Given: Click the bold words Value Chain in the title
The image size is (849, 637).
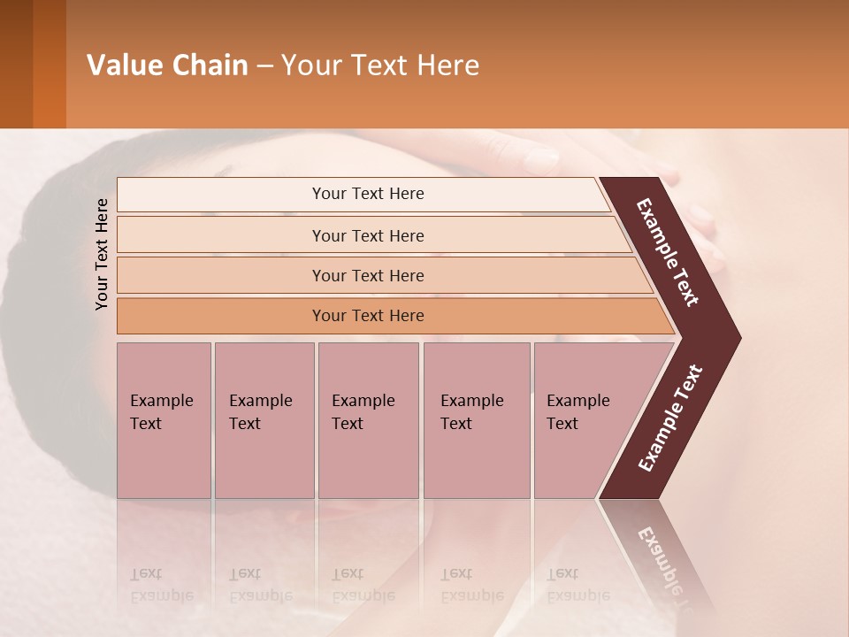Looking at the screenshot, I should (x=167, y=65).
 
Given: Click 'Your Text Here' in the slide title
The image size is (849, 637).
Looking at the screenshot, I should (x=380, y=65).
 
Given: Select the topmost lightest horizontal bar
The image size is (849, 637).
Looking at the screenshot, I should (x=368, y=194).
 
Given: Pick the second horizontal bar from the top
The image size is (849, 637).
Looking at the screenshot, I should (x=368, y=235).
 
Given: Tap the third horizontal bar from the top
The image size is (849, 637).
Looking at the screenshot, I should (x=368, y=275).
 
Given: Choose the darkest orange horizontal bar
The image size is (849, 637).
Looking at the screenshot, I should (x=368, y=316).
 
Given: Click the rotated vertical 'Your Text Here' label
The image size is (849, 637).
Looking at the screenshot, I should (x=102, y=254).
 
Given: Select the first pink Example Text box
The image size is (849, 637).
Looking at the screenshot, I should (x=164, y=420).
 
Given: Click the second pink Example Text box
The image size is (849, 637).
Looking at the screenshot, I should (x=264, y=420).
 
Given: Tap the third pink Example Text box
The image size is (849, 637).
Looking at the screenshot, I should (x=367, y=420).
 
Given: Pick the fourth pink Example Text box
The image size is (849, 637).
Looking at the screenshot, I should (x=476, y=420).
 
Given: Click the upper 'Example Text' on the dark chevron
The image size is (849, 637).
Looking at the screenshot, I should (x=669, y=252).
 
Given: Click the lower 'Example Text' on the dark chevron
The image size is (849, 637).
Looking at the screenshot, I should (x=670, y=418).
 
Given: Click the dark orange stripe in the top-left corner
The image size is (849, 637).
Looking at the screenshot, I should (x=49, y=64).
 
